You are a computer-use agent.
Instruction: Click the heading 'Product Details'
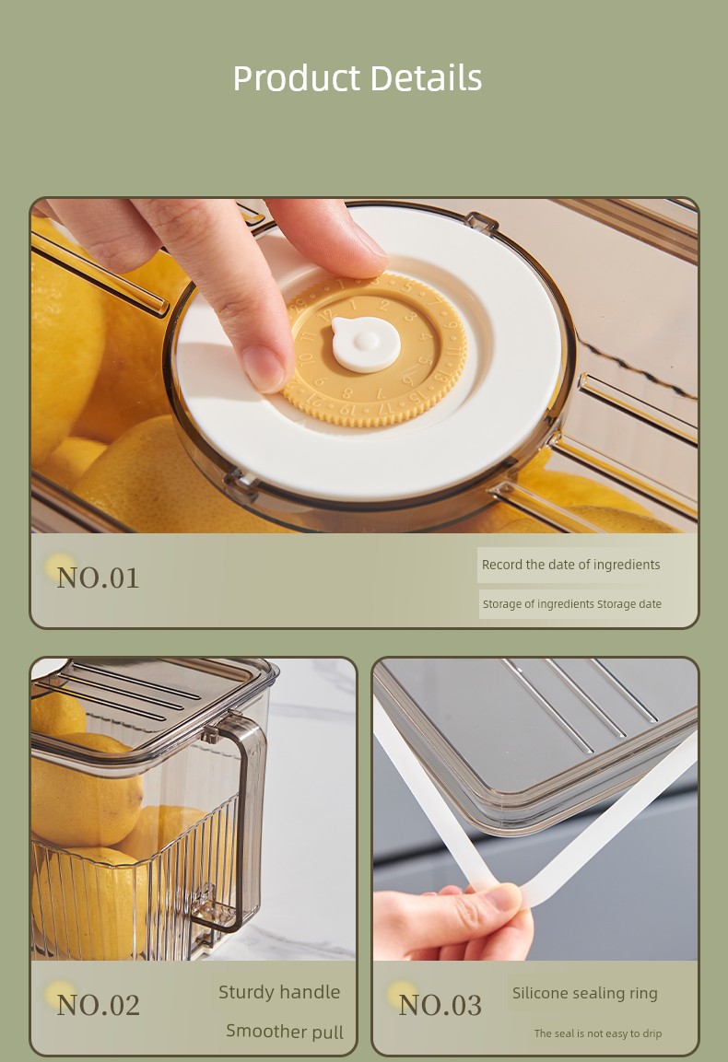point(358,78)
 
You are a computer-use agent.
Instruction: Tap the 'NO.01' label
point(99,578)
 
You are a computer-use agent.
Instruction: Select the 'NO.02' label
point(99,1005)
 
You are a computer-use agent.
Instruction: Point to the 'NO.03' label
point(440,1005)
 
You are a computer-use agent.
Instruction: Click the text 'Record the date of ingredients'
point(570,565)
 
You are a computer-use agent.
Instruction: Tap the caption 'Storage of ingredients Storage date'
point(572,603)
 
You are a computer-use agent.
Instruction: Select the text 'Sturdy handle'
point(279,992)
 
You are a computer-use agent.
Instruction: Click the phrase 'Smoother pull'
point(285,1031)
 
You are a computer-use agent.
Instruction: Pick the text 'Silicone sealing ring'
point(585,994)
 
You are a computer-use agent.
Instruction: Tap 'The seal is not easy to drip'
point(598,1033)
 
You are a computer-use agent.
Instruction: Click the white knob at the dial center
point(365,344)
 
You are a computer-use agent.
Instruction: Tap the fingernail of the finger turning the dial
point(263,369)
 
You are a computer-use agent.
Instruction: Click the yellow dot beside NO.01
point(60,567)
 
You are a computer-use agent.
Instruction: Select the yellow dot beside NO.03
point(401,995)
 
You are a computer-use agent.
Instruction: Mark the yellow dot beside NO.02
point(60,995)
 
